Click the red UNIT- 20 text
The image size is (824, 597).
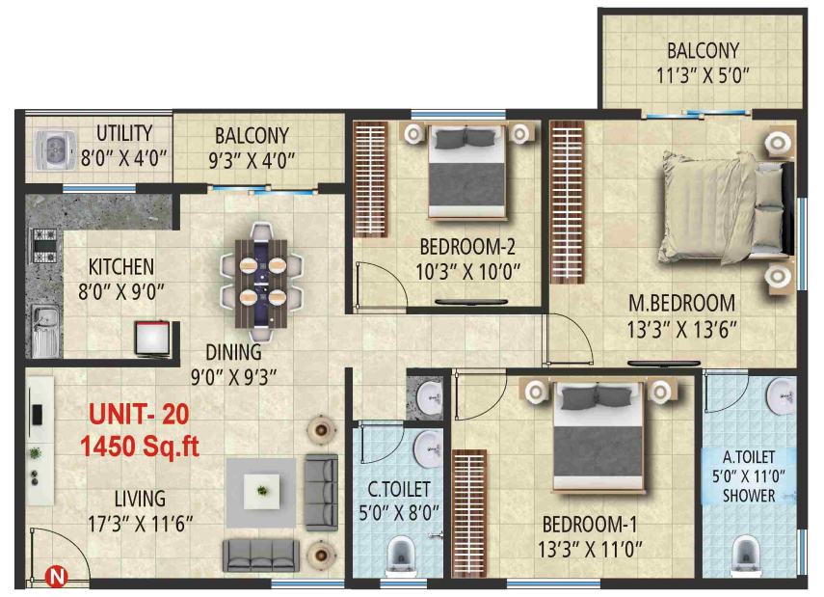(x=140, y=415)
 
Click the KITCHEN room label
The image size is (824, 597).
(x=120, y=266)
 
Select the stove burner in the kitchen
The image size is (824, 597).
(x=43, y=247)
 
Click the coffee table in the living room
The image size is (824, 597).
(x=261, y=490)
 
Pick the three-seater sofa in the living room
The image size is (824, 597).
(x=261, y=554)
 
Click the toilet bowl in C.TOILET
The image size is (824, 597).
(x=402, y=557)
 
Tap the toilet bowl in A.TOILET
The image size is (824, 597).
(x=743, y=556)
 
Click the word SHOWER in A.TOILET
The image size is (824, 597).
(x=749, y=496)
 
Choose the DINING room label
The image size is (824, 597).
(x=233, y=352)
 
